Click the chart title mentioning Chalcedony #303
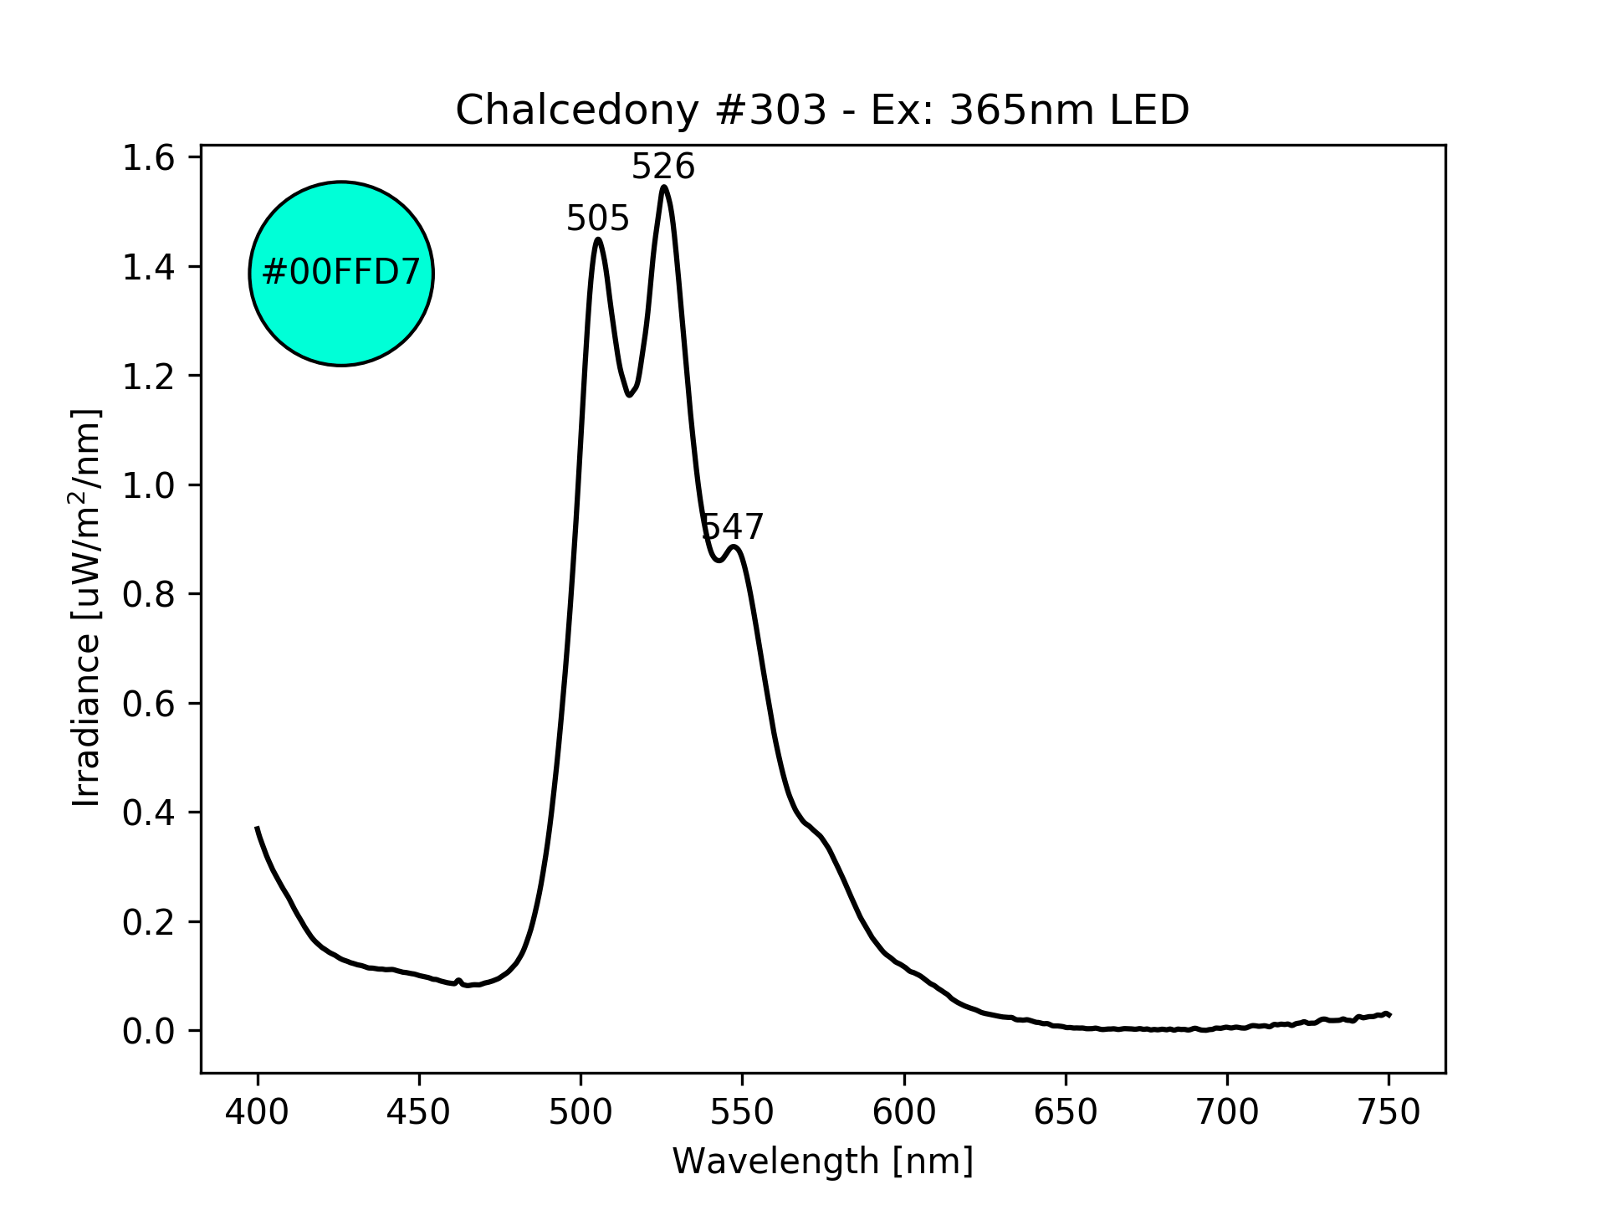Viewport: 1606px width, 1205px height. tap(822, 110)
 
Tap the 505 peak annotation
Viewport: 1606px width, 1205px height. tap(597, 219)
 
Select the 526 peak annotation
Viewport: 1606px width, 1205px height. tap(662, 167)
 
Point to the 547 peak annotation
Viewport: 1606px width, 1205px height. tap(732, 527)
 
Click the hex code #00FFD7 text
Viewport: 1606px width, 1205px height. tap(340, 273)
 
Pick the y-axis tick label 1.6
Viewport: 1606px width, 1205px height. tap(148, 158)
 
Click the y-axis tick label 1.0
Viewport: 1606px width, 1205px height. tap(148, 485)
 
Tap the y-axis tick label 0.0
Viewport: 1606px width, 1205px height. tap(148, 1031)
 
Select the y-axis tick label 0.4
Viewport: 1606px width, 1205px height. tap(148, 813)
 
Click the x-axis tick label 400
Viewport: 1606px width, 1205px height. tap(258, 1112)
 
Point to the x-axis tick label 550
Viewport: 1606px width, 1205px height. tap(742, 1112)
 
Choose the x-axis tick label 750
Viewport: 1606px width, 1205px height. tap(1389, 1112)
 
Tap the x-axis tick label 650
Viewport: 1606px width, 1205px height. tap(1066, 1112)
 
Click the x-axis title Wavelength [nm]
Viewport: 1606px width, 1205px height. tap(822, 1161)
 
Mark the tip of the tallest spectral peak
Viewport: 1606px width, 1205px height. tap(664, 187)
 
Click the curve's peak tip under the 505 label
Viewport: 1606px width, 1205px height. tap(598, 239)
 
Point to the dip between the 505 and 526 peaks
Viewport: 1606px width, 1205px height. tap(630, 395)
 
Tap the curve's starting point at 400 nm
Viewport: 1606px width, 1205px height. tap(258, 828)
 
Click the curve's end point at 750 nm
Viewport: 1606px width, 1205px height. tap(1389, 1014)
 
